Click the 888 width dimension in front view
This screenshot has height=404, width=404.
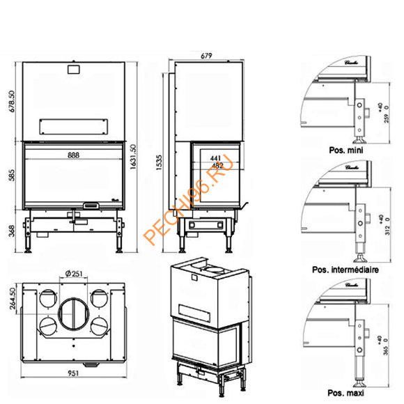click(73, 156)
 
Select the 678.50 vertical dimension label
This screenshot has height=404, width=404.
click(10, 104)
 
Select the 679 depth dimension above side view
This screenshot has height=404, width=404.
click(205, 56)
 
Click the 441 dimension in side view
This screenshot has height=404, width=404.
click(217, 158)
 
